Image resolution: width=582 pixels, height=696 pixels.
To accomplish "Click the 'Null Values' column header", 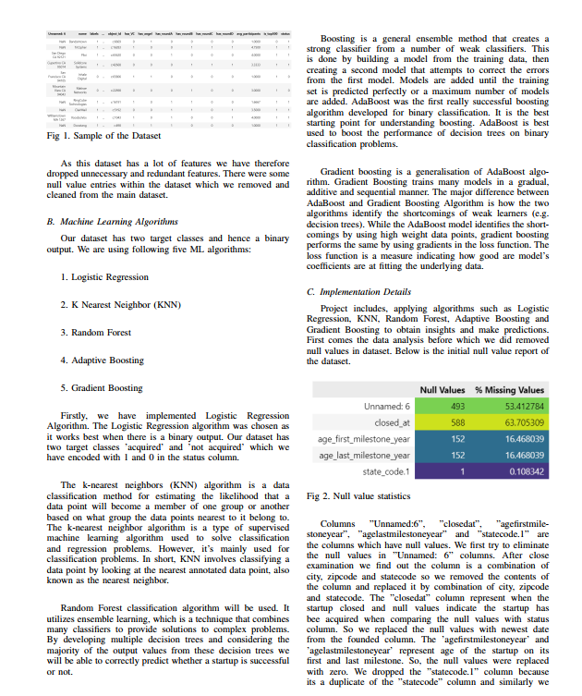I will (443, 389).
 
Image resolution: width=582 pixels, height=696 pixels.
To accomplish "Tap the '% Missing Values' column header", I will (510, 389).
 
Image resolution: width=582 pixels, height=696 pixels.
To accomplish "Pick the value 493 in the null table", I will (456, 406).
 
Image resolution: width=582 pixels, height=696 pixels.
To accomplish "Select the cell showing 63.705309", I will (525, 422).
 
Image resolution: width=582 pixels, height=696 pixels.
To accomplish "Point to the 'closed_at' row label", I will (393, 422).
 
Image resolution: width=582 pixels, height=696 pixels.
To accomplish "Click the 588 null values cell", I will (456, 422).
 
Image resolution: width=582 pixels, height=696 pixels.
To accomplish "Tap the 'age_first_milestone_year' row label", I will (364, 439).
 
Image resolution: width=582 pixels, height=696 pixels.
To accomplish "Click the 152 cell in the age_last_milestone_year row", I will (456, 455).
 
